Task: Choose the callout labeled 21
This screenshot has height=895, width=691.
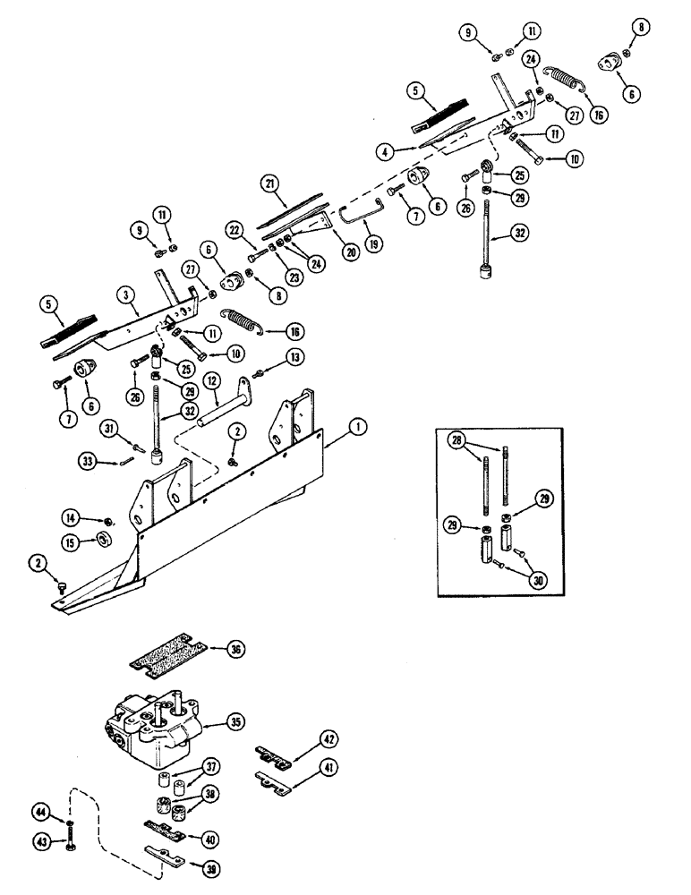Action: click(269, 183)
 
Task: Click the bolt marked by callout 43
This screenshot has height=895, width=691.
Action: click(71, 841)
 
